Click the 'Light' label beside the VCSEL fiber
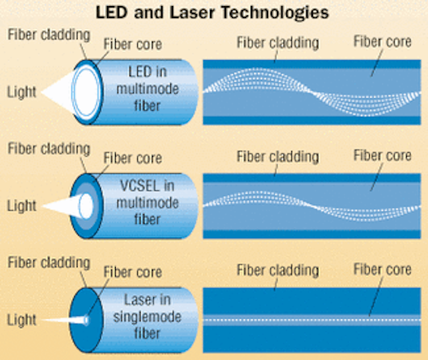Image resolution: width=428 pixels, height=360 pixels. [21, 205]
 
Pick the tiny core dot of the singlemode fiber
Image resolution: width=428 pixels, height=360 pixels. [86, 321]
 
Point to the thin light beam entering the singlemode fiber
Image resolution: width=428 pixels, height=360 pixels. [64, 321]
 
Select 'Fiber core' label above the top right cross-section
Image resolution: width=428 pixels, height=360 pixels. [382, 41]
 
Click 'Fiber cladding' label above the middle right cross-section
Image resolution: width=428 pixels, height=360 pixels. [278, 157]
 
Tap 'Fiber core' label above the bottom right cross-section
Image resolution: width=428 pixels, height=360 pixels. [382, 270]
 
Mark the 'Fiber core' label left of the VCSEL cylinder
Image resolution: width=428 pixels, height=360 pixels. [132, 158]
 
